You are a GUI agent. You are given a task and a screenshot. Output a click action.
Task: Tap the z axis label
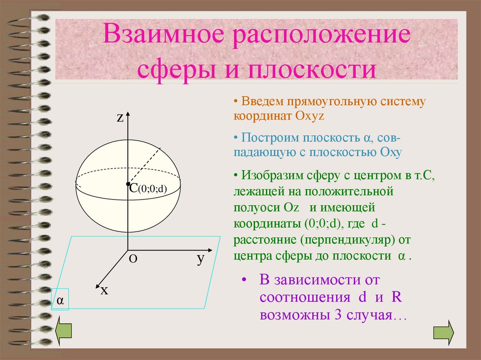(120, 118)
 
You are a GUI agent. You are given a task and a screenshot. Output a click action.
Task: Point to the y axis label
(201, 258)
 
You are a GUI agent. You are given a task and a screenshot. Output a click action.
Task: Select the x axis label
(104, 291)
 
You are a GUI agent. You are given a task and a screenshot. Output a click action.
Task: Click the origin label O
(133, 259)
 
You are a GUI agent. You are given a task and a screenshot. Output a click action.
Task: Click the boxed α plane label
(60, 300)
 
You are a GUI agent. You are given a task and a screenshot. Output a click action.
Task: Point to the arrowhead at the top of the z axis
(128, 115)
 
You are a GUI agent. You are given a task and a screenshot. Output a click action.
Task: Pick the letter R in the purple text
(395, 298)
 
